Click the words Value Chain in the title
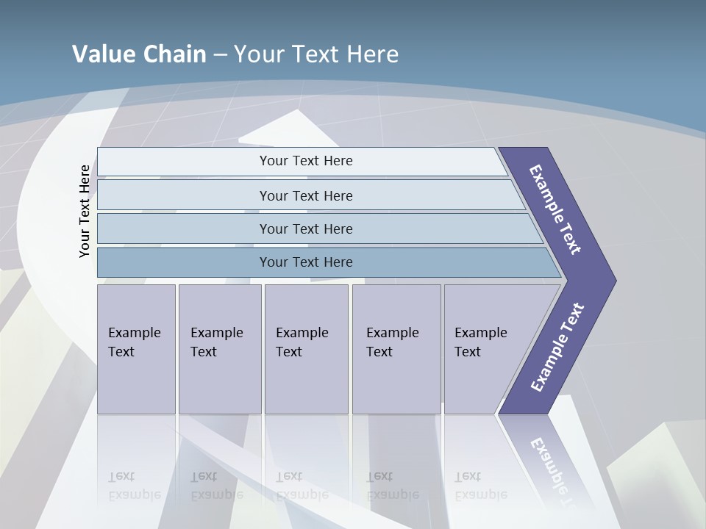[x=139, y=54]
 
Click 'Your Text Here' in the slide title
[x=316, y=54]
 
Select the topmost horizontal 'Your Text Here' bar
[x=306, y=161]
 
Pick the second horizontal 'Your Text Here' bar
[x=306, y=195]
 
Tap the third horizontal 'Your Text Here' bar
[x=306, y=228]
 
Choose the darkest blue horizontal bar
[x=306, y=262]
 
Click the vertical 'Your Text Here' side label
[x=85, y=211]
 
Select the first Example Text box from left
[x=136, y=348]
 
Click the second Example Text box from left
[x=219, y=348]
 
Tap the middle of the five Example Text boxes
[x=305, y=348]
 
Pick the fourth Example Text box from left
[x=396, y=348]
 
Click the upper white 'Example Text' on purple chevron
[x=555, y=209]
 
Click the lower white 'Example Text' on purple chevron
[x=557, y=348]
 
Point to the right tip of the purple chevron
[x=614, y=280]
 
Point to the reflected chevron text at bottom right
[x=552, y=470]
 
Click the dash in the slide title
[x=220, y=55]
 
